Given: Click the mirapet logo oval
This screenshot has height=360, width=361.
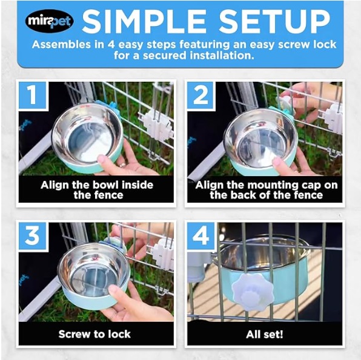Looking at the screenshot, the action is tap(50, 21).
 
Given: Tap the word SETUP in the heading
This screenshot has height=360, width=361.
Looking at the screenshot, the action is tap(274, 21).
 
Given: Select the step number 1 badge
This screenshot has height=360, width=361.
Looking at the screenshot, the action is tap(33, 95).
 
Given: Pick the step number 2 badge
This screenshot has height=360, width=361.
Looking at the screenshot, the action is tap(200, 95).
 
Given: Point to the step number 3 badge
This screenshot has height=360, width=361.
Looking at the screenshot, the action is tap(33, 235).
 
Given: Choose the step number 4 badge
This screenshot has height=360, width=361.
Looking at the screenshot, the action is tap(200, 235).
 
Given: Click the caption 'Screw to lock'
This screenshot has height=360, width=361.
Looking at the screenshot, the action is tap(94, 334).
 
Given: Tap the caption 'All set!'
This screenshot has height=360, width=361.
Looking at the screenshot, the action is tap(265, 334).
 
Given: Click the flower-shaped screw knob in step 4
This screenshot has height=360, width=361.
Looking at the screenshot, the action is tap(253, 290).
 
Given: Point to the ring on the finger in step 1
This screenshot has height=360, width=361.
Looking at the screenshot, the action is tap(122, 165).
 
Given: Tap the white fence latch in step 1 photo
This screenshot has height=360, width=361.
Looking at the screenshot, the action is tap(156, 125).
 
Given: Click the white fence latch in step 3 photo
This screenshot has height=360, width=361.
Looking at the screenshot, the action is tap(164, 254).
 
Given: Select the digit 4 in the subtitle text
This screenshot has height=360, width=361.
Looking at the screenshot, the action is tap(111, 44).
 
